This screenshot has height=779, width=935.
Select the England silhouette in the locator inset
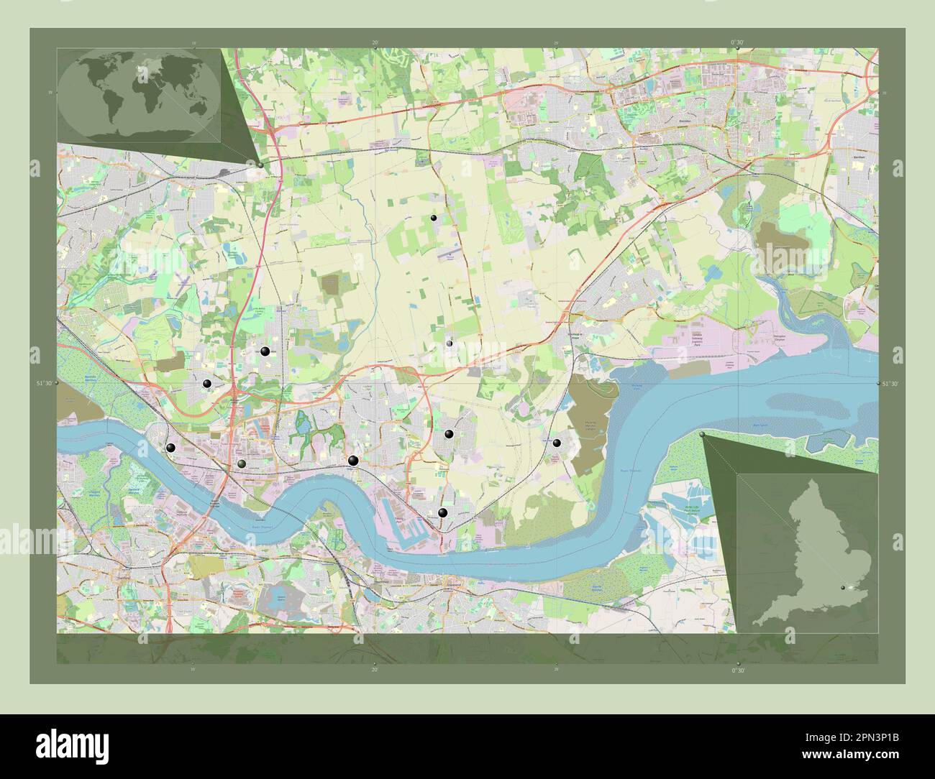813,553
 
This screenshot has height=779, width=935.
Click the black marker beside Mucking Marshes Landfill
556,443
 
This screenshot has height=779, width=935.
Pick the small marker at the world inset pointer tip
260,165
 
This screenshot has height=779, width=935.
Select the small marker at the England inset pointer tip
702,435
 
